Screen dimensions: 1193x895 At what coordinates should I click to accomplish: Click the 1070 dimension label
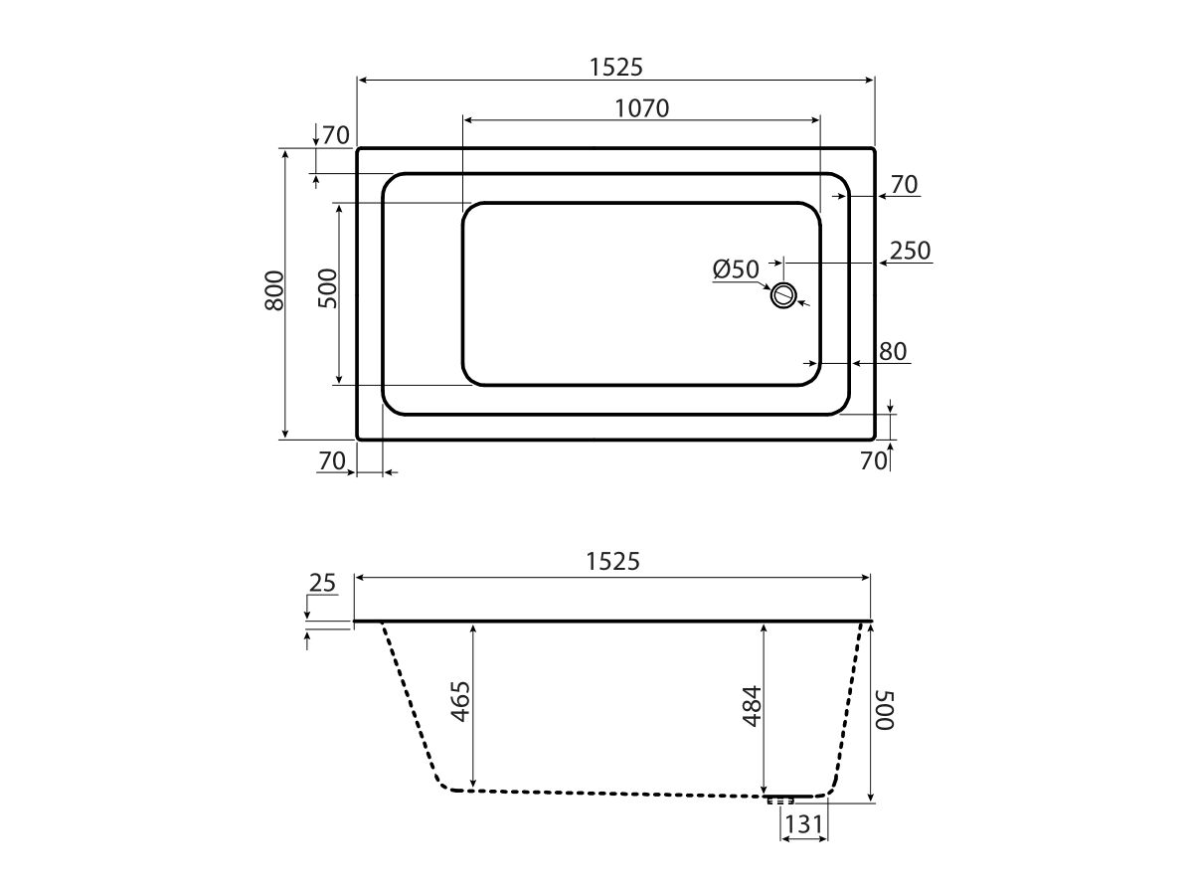coord(641,108)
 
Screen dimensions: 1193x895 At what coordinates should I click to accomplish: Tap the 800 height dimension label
coord(274,290)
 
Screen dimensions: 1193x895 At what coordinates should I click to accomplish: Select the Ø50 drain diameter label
coord(736,269)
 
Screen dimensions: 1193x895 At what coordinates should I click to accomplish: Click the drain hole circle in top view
coord(783,296)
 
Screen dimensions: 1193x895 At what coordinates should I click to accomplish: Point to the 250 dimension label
coord(910,251)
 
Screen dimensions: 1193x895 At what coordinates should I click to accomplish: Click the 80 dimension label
coord(893,352)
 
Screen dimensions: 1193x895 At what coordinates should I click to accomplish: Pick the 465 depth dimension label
coord(460,701)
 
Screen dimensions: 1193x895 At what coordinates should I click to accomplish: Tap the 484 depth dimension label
coord(753,706)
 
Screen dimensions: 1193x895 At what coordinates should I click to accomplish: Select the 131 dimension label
coord(804,823)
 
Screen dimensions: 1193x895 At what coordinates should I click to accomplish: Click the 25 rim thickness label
coord(322,583)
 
